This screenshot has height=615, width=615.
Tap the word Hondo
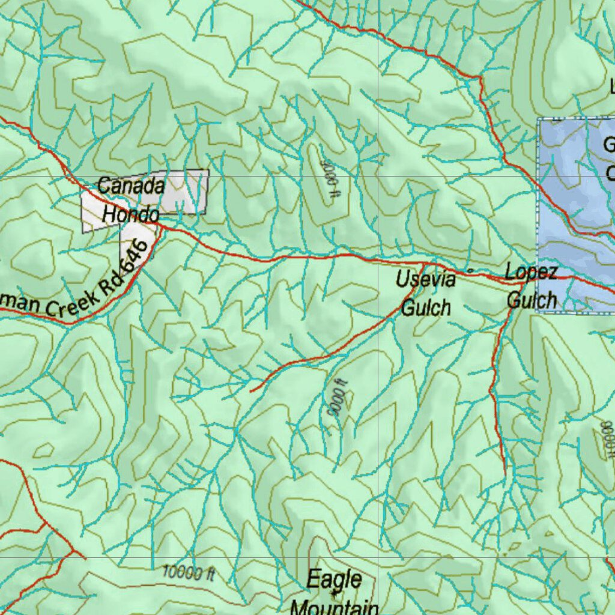click(x=130, y=214)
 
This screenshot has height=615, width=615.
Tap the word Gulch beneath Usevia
click(x=425, y=307)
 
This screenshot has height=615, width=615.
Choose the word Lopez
click(x=531, y=272)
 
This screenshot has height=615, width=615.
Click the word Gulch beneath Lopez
click(x=532, y=299)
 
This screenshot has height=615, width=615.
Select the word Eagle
click(x=335, y=580)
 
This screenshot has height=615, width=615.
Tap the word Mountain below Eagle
click(x=335, y=607)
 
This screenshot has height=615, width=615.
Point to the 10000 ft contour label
click(x=189, y=573)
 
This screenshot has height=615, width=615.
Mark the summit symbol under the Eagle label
click(x=335, y=593)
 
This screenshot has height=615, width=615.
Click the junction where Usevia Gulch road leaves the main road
click(x=423, y=264)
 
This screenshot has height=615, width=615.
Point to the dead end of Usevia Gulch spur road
click(x=250, y=392)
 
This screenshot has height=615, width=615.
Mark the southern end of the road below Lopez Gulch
click(x=504, y=474)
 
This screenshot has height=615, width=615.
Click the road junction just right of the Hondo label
click(x=161, y=227)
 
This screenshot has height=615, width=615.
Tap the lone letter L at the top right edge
click(x=612, y=88)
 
